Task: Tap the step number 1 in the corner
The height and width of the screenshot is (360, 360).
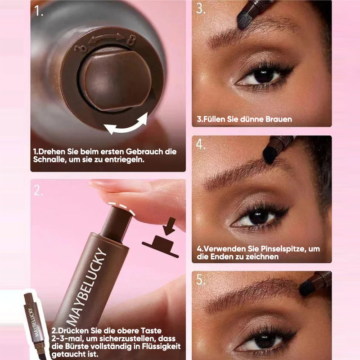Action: pos(39,10)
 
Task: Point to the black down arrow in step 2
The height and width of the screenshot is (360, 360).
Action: pos(170,226)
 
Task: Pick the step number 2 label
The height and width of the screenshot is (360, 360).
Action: pos(38,190)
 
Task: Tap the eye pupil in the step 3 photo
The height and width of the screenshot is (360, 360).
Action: pos(264,76)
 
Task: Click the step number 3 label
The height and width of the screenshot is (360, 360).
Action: pos(201,8)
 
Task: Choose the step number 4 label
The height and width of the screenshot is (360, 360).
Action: pos(201,144)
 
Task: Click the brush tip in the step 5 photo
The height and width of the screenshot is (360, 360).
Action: pos(306,288)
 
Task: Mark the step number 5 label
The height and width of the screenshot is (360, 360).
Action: pos(201,279)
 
